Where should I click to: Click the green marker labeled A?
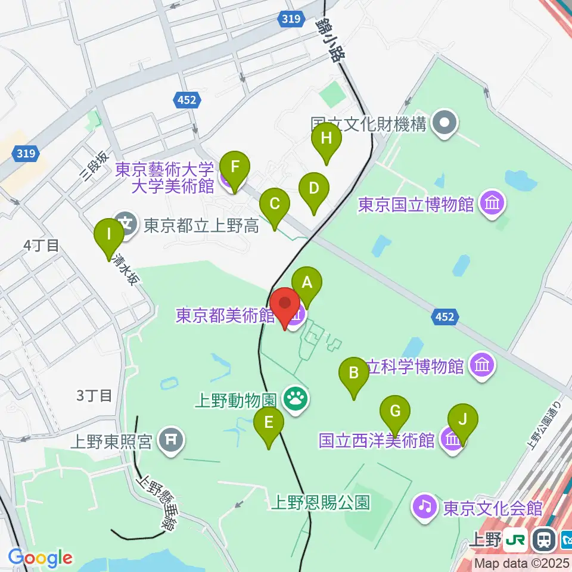point(307,282)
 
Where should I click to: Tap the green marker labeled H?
point(327,139)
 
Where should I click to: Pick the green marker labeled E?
point(268,423)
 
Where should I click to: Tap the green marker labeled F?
point(235,167)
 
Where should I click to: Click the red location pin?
point(285,303)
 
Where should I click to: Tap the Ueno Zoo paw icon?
point(295,398)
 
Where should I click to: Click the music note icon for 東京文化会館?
point(424,507)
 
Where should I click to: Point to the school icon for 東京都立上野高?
point(126,225)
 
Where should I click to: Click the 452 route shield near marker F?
point(186,101)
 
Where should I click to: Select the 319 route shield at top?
point(290,20)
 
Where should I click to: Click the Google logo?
point(40,558)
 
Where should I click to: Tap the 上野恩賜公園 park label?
point(320,502)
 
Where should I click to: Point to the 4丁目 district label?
point(41,245)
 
